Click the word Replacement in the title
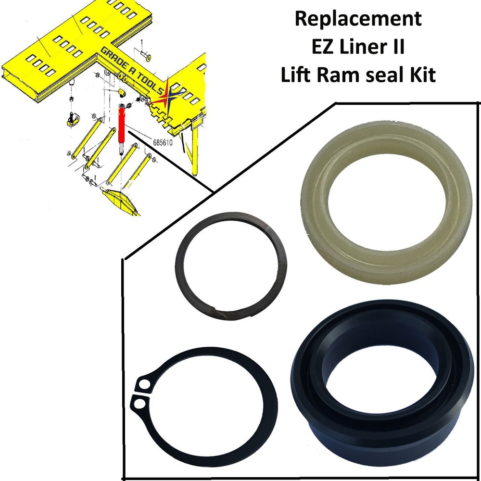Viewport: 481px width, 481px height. click(x=358, y=19)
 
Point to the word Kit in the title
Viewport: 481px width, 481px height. click(x=419, y=76)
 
